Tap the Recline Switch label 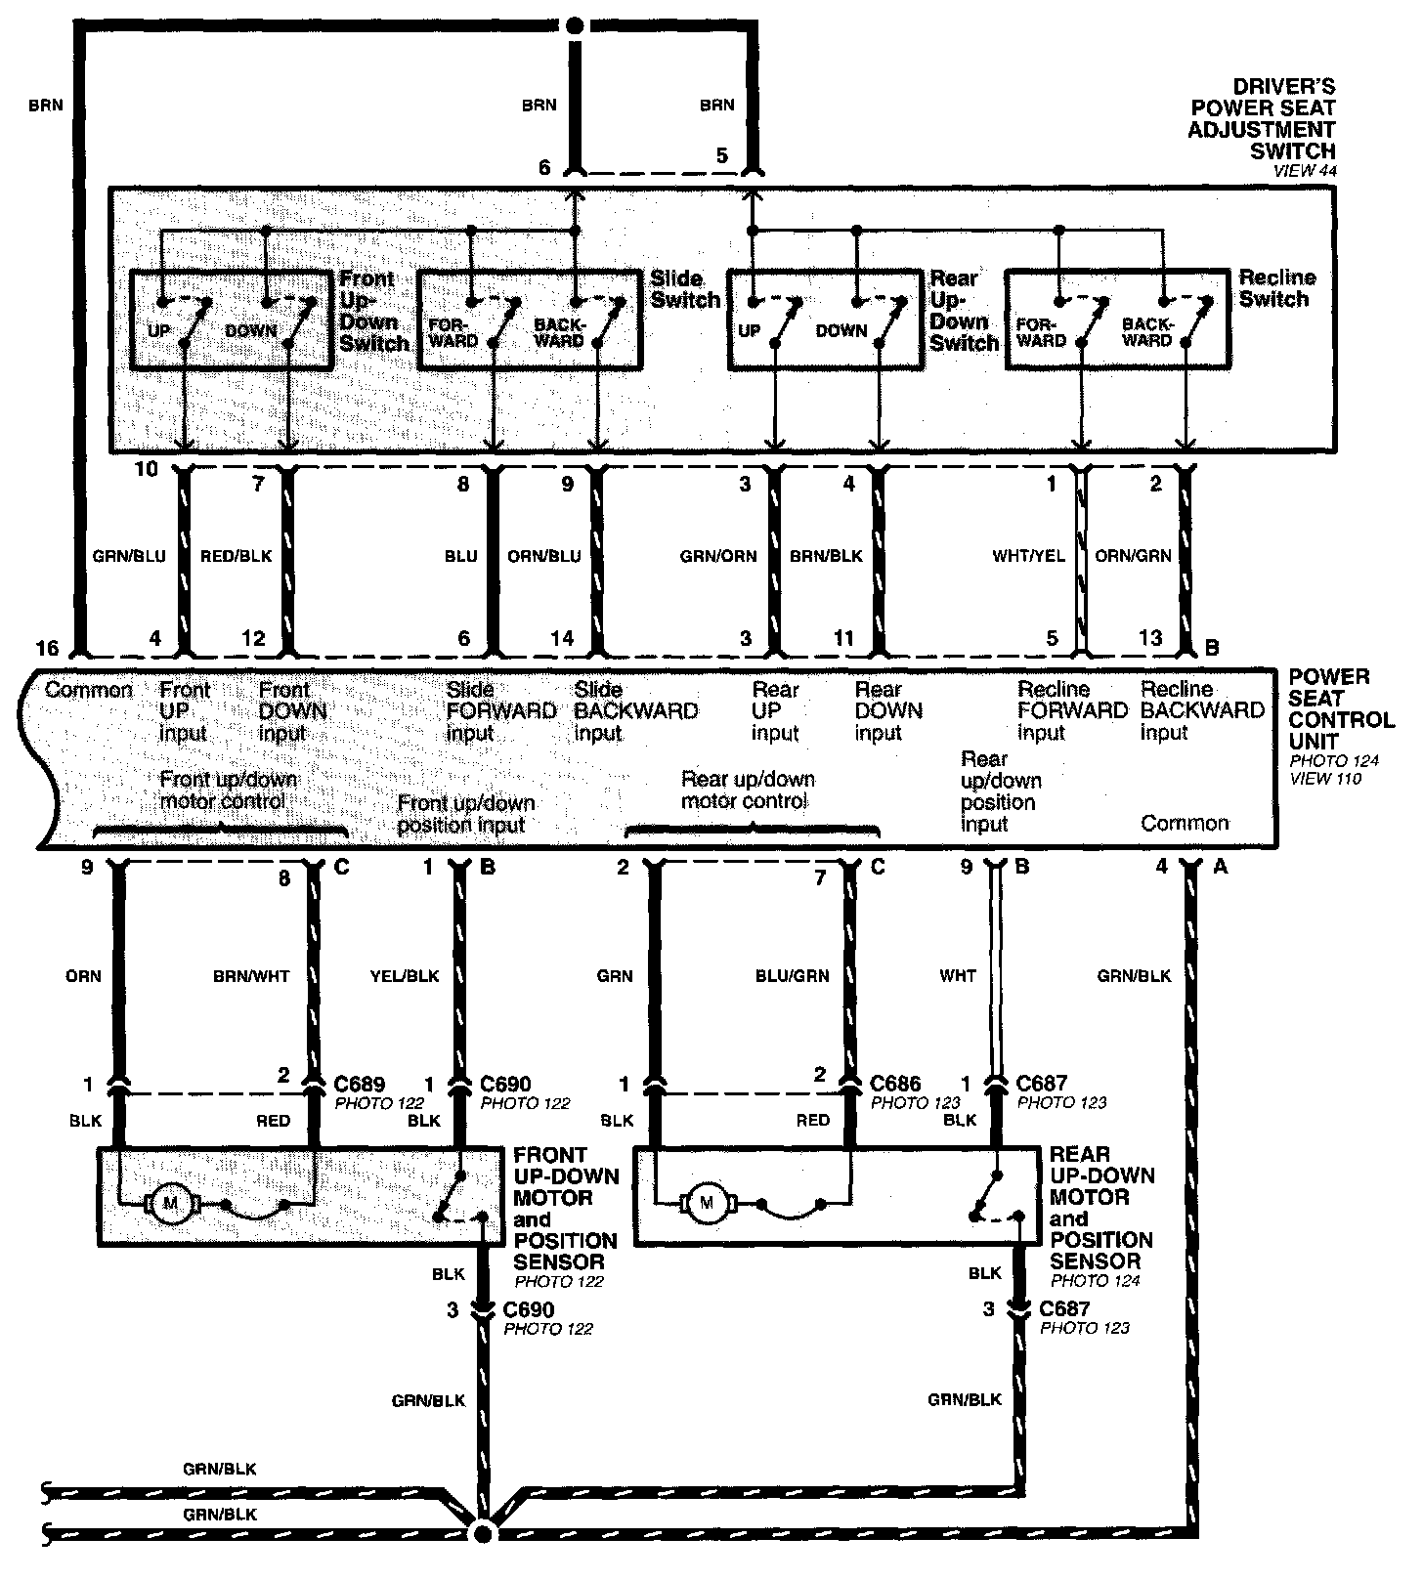click(1276, 288)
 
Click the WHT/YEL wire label click(1028, 556)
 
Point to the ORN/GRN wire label click(1133, 556)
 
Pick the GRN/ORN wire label click(718, 556)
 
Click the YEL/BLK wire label click(405, 975)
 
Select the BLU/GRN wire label click(792, 975)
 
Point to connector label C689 click(360, 1085)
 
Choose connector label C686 click(895, 1083)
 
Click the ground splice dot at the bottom click(482, 1533)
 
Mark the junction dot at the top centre click(577, 24)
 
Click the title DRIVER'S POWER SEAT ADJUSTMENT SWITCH click(1262, 119)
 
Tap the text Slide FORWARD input click(501, 710)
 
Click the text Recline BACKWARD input click(1203, 710)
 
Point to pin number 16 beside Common click(47, 648)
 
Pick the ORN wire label click(83, 975)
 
